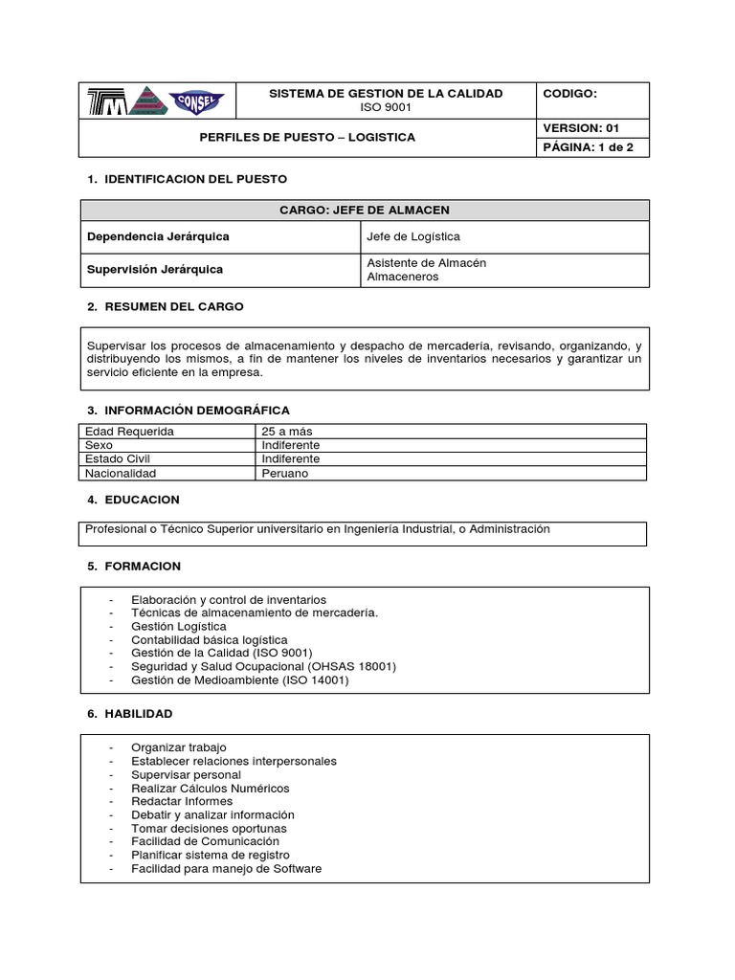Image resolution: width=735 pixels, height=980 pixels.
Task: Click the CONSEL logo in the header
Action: click(x=197, y=100)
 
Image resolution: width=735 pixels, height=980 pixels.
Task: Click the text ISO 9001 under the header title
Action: click(x=386, y=108)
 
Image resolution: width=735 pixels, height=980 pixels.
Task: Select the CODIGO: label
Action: click(x=570, y=94)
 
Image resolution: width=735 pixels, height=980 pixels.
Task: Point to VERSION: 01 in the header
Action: click(x=581, y=127)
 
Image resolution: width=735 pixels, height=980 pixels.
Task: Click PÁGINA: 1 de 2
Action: click(x=582, y=147)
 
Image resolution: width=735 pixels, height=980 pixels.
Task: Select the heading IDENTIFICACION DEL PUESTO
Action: click(x=195, y=179)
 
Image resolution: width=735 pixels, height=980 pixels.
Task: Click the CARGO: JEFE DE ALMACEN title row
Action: click(x=364, y=211)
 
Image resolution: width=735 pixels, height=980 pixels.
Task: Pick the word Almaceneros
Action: click(x=402, y=277)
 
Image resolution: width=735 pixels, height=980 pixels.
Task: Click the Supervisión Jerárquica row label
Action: click(x=155, y=269)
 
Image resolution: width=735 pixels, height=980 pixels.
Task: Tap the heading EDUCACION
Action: click(x=142, y=500)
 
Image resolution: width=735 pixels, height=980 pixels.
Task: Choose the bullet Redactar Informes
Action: click(x=182, y=801)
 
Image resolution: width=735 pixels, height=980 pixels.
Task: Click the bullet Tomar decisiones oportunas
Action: click(x=209, y=828)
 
